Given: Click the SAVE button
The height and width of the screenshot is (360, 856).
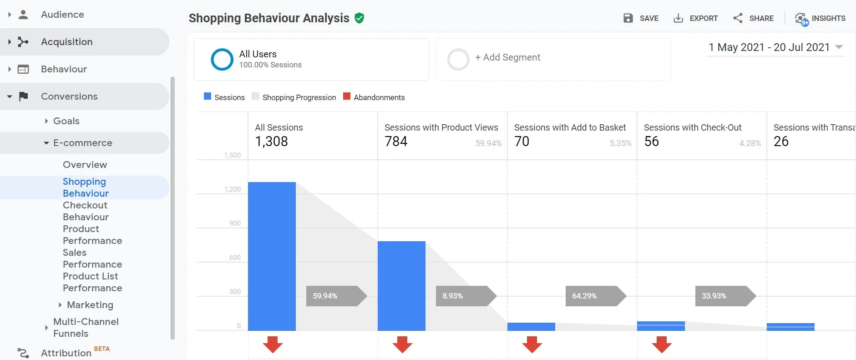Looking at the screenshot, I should [641, 18].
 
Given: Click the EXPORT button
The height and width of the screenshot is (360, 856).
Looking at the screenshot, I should [695, 18].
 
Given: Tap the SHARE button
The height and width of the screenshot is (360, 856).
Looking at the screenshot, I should [753, 18].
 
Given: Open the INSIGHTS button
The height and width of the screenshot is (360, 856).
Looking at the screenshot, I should [820, 18].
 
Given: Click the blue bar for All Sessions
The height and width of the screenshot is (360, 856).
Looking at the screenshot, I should [272, 256].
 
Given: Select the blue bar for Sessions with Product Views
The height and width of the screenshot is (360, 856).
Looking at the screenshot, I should [401, 286].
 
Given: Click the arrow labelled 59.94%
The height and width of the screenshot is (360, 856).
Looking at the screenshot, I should [336, 296].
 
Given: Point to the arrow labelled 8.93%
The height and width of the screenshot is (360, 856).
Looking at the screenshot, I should [466, 296].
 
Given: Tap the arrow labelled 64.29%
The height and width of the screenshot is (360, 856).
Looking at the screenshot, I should [595, 296].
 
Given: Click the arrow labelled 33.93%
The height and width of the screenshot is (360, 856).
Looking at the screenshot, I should [725, 296].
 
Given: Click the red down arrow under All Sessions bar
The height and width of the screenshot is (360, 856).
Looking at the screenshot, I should [273, 345].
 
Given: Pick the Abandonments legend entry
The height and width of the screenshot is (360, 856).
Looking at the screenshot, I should [374, 97].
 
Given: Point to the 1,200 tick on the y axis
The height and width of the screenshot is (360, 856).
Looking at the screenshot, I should [233, 189].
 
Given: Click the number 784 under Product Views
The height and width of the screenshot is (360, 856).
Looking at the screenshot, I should [396, 142].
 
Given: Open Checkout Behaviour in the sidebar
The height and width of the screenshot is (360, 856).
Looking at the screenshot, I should [86, 211].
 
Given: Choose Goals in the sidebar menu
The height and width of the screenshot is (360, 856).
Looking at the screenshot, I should [66, 121].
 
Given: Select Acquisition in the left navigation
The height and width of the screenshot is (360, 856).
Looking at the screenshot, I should [66, 42].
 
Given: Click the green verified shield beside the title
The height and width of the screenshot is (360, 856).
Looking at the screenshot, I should [360, 18].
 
